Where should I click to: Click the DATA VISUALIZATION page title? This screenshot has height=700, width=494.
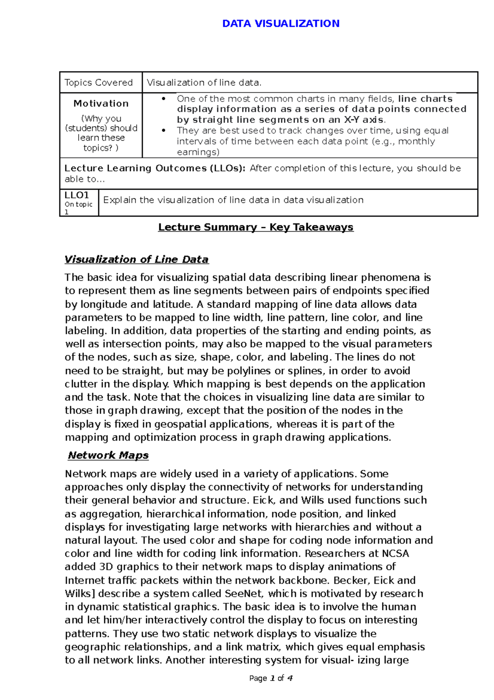(281, 23)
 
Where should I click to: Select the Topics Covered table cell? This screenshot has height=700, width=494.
(98, 82)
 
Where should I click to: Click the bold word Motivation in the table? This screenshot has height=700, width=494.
(101, 103)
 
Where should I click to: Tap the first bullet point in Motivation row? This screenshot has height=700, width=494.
(163, 99)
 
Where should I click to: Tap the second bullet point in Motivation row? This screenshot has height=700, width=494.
(163, 131)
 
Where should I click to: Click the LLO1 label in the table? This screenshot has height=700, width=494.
(77, 195)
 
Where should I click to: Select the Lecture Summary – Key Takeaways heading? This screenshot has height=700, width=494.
(256, 227)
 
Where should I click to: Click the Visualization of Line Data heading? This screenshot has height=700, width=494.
(136, 259)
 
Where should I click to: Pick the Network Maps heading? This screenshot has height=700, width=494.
(108, 455)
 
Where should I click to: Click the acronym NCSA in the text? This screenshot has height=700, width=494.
(396, 554)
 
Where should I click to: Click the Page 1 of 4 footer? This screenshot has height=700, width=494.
(270, 678)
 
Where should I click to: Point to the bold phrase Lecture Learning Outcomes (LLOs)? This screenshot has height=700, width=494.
(155, 168)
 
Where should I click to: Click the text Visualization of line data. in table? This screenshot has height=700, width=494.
(204, 82)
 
